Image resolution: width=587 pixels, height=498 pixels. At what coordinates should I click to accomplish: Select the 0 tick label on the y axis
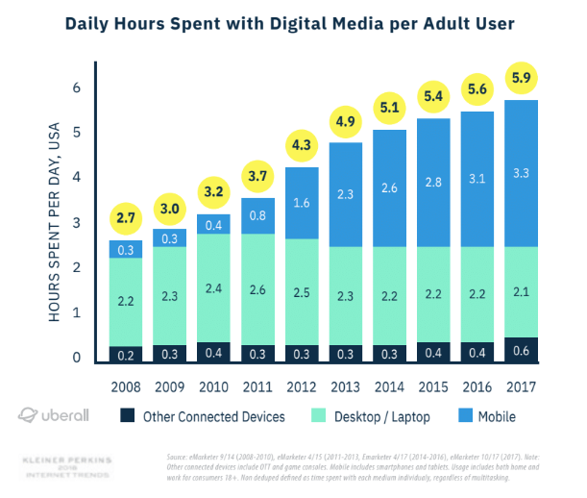click(75, 359)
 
